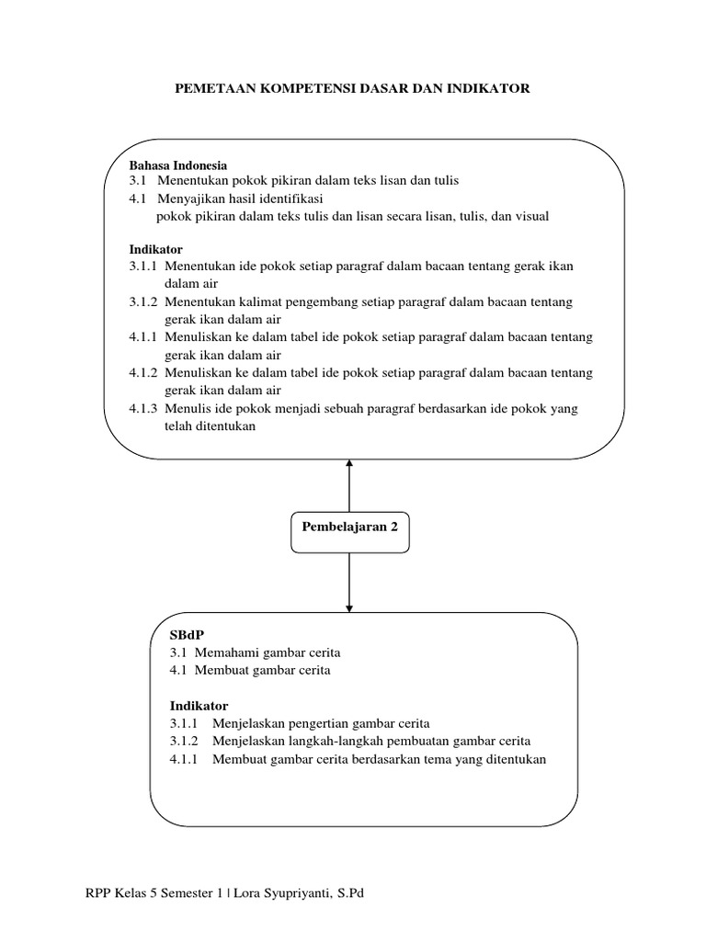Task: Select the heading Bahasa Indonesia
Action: [178, 165]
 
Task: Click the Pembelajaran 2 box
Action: [350, 532]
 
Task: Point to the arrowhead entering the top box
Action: [349, 463]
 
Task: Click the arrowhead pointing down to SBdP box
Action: [349, 608]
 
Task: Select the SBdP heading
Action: [188, 635]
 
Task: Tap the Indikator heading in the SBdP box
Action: [199, 706]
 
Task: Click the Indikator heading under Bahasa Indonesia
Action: [155, 250]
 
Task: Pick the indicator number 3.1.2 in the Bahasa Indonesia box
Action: [142, 301]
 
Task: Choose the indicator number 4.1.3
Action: [142, 409]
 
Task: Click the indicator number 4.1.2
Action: [142, 373]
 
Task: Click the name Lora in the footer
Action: [246, 893]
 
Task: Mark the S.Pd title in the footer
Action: [350, 893]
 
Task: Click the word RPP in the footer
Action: [97, 893]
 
